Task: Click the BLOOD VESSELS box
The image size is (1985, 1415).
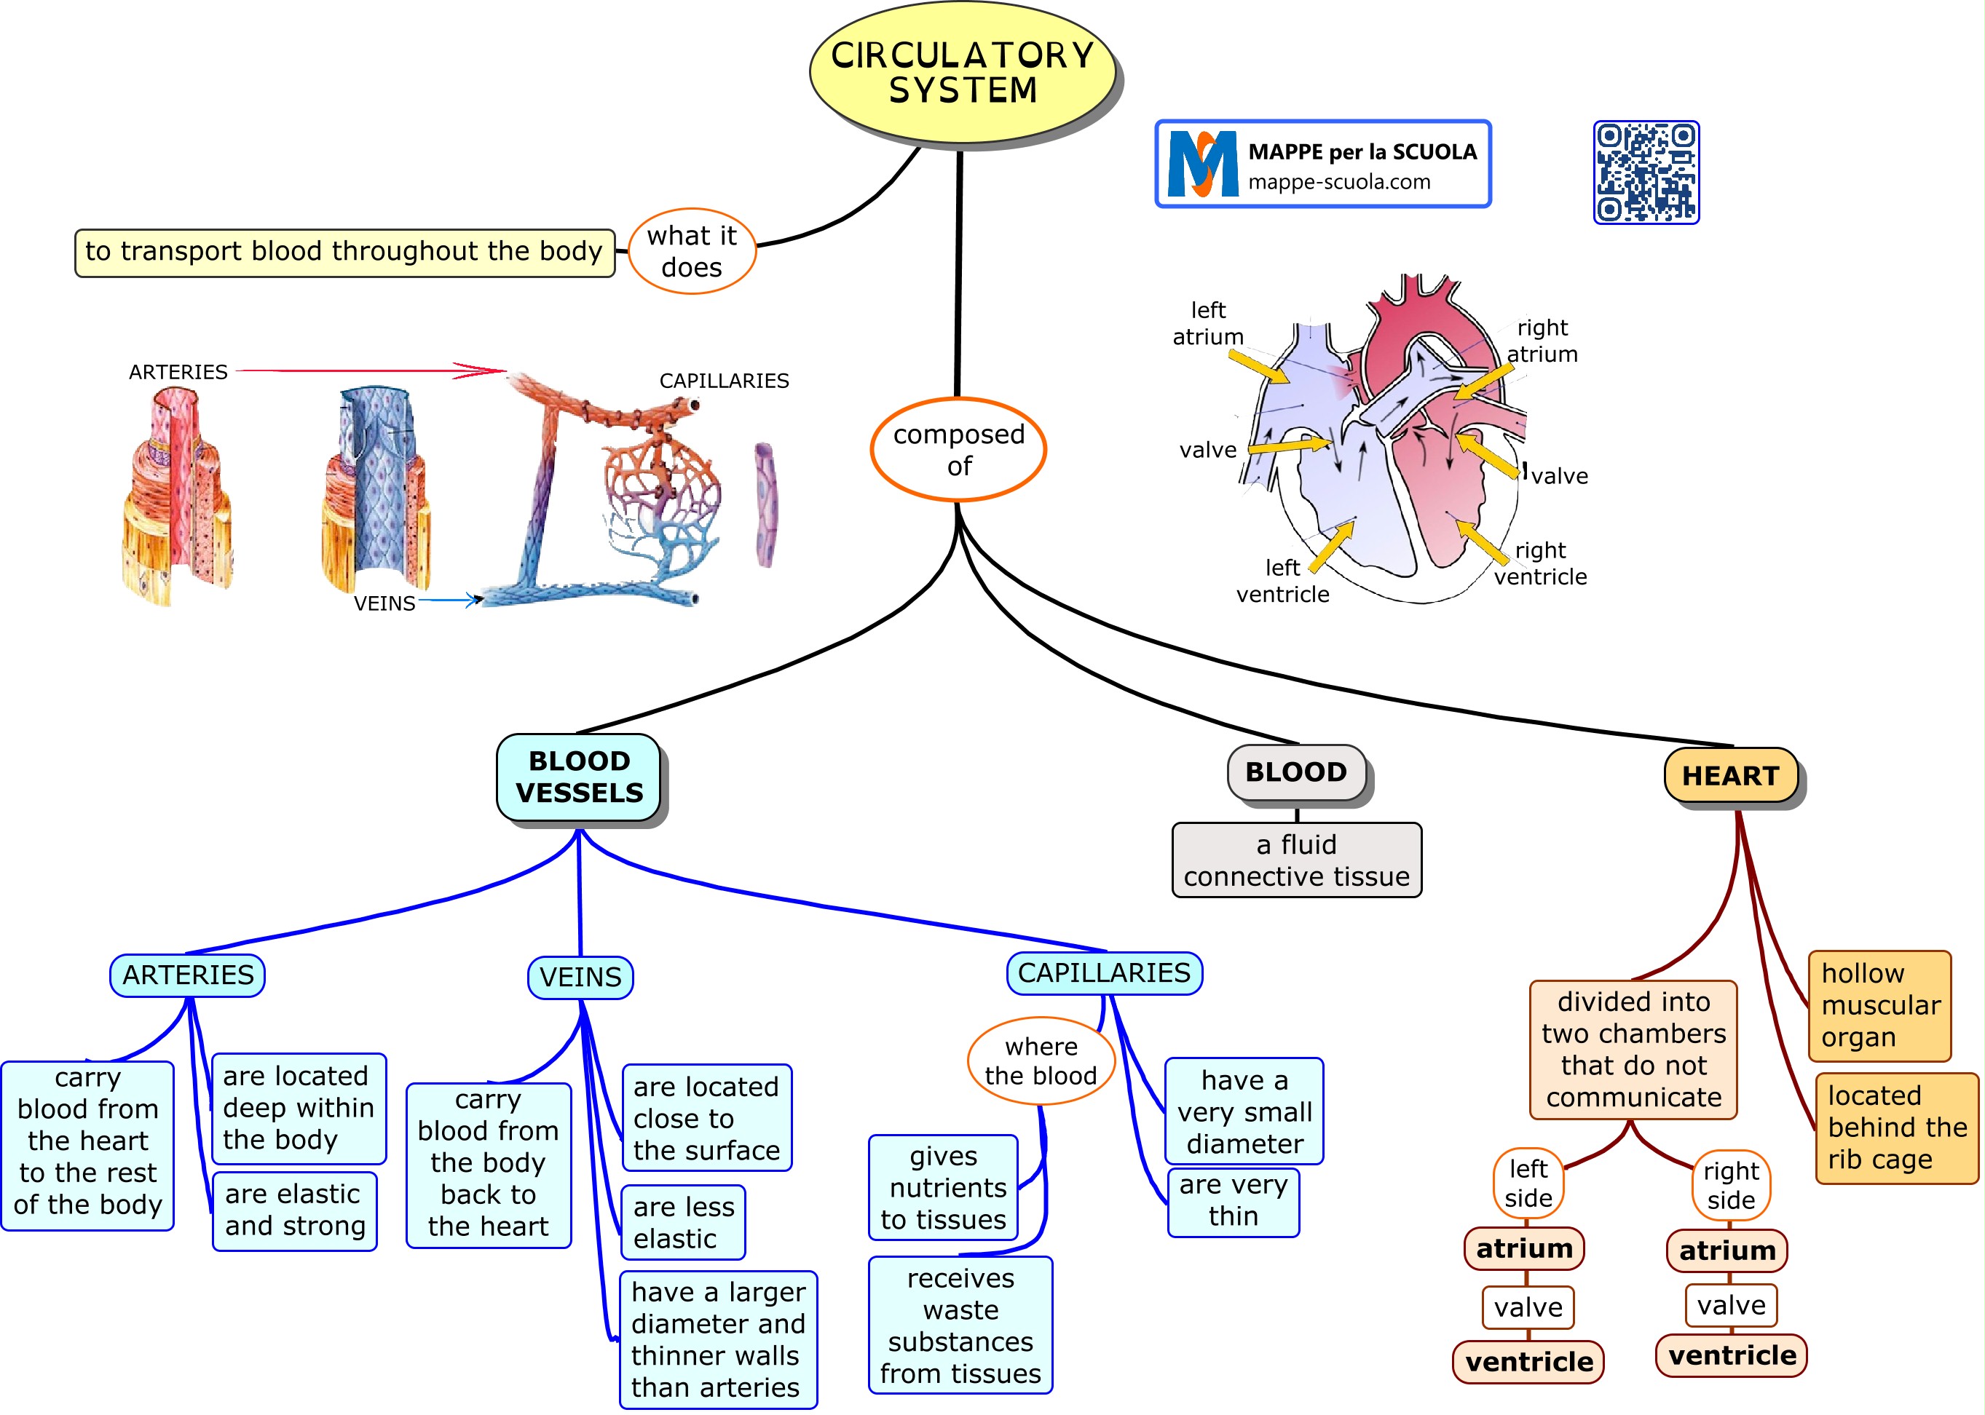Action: (x=579, y=777)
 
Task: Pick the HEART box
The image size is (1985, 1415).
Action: (x=1729, y=774)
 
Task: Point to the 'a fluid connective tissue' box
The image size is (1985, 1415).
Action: (x=1296, y=860)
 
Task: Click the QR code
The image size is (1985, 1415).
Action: (x=1646, y=173)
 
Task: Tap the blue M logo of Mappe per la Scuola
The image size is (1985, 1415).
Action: (x=1202, y=164)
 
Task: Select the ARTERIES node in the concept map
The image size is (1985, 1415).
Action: (x=187, y=975)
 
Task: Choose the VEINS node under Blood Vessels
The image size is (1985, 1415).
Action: (x=580, y=978)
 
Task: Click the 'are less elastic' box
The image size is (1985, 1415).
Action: (x=684, y=1222)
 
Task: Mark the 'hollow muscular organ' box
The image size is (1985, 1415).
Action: (x=1879, y=1005)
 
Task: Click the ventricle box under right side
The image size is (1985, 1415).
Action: (x=1732, y=1355)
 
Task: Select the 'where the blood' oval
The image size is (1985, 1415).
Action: (x=1041, y=1061)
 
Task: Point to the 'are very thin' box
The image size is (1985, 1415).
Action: (x=1233, y=1202)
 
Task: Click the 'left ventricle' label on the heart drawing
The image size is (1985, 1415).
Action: (x=1282, y=581)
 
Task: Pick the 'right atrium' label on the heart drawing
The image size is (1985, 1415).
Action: (x=1542, y=341)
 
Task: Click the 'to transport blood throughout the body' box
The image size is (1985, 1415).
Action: (x=344, y=253)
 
